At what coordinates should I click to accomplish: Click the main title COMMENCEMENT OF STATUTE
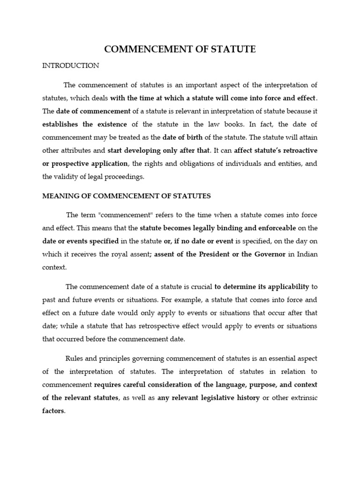(180, 49)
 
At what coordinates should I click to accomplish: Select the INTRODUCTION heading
(71, 66)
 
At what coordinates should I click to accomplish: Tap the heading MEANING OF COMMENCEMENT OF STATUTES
(127, 195)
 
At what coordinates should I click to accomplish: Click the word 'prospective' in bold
(72, 164)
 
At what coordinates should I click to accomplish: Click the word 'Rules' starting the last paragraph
(75, 359)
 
